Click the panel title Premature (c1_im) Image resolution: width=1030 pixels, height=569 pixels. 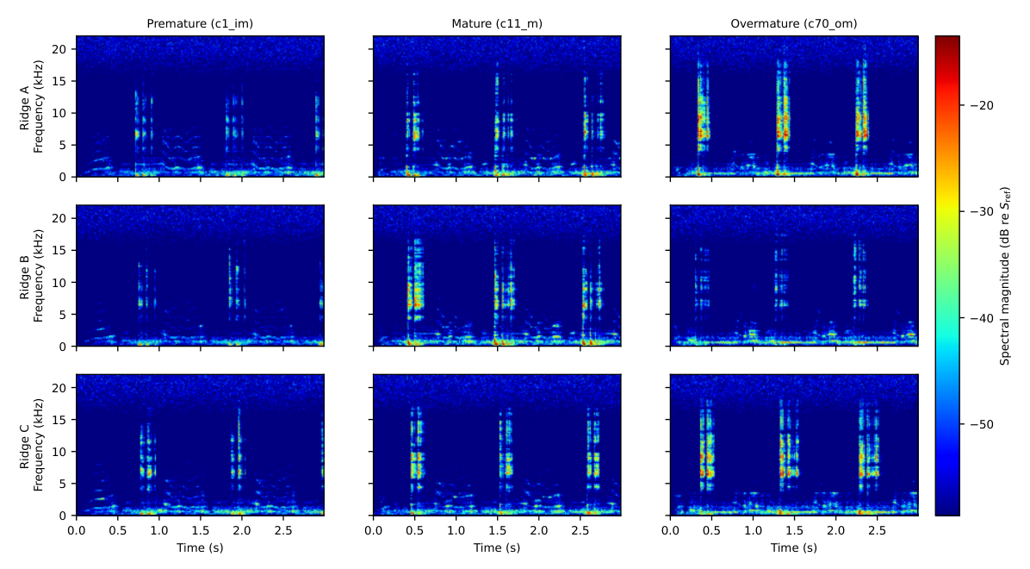click(200, 23)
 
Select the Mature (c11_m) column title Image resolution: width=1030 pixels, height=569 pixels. click(497, 23)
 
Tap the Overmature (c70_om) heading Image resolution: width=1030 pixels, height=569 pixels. click(793, 23)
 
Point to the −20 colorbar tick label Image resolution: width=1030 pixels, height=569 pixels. click(977, 105)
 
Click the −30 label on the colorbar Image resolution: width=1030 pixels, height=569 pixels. click(977, 212)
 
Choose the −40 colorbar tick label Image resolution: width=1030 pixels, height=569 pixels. click(977, 318)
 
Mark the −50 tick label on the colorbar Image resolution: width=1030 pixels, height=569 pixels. click(977, 425)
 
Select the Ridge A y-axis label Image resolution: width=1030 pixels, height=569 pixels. click(32, 107)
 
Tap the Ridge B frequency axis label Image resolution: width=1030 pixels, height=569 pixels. click(32, 276)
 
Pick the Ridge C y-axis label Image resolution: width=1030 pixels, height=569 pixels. click(32, 445)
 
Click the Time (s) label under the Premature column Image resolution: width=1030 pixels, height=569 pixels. click(200, 547)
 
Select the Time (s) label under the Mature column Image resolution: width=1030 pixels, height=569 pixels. click(497, 547)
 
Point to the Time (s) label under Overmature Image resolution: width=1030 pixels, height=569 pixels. click(793, 547)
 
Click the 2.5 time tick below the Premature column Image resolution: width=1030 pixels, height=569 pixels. click(283, 530)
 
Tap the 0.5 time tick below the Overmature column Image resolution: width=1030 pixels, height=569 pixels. click(711, 530)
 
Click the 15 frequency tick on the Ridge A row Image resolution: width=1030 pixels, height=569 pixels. click(60, 81)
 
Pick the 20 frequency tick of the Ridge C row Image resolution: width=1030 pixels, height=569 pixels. click(60, 387)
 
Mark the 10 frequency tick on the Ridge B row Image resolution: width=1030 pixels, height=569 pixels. click(60, 282)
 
